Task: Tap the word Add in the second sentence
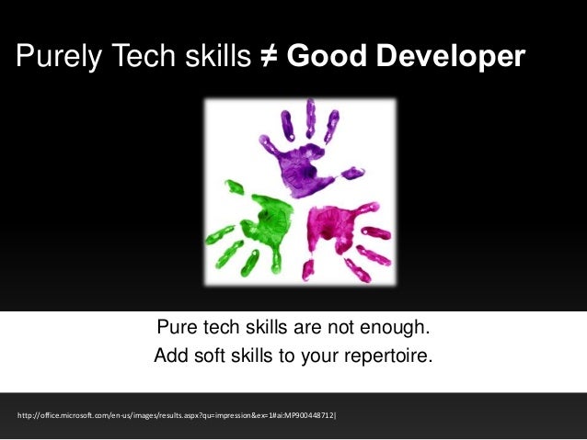(x=170, y=355)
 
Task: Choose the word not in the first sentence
(x=346, y=328)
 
